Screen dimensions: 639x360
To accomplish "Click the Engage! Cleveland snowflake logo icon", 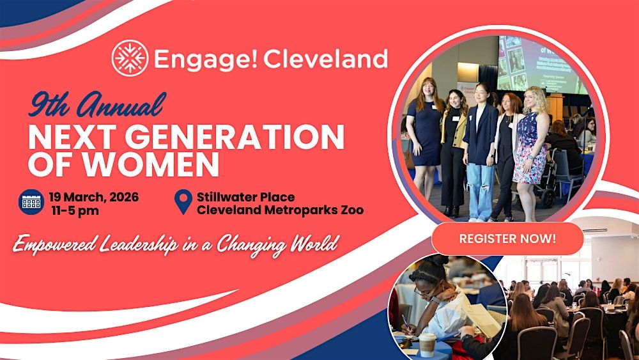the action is (130, 58).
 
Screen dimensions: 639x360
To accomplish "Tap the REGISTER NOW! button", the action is (507, 239).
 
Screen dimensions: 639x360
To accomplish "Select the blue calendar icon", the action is (31, 202).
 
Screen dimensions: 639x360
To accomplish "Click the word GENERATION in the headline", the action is (235, 137).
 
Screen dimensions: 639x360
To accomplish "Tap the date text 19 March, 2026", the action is (94, 197).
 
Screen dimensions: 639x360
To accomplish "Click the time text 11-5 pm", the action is (75, 211).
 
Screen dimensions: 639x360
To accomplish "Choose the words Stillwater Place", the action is (246, 197).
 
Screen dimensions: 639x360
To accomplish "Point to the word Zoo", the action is (350, 210).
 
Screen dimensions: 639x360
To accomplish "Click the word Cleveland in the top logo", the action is (325, 59).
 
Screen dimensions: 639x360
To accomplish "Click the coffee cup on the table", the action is (427, 345).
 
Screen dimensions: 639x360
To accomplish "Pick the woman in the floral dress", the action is (530, 153).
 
